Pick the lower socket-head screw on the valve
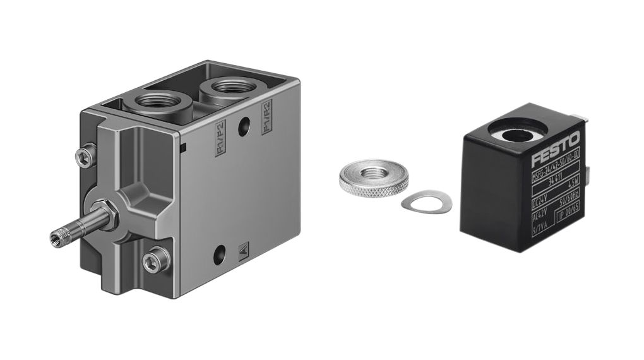155,260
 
